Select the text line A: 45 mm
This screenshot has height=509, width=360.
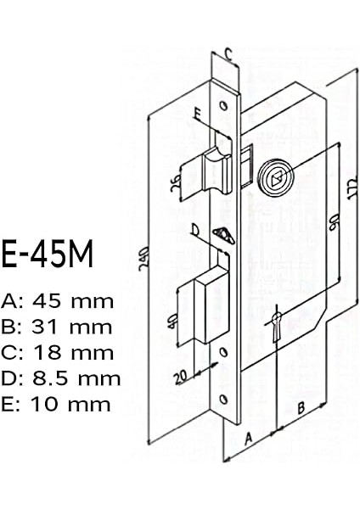point(58,301)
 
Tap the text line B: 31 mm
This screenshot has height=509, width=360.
point(58,327)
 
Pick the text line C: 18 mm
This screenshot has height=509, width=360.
point(58,352)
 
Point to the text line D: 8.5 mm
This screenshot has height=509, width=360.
point(61,378)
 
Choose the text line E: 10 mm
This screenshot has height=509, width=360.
point(57,404)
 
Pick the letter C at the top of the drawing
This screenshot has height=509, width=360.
point(228,52)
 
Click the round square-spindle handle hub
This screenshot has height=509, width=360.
point(275,175)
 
